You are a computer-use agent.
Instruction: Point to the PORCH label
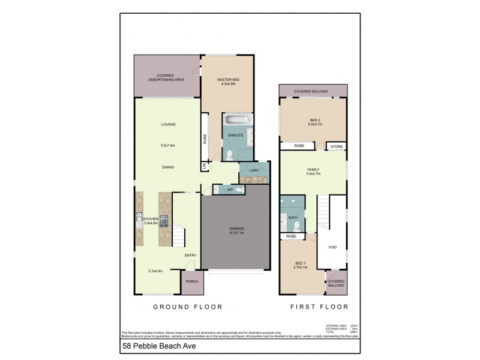191,281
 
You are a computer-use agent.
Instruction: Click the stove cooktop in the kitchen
163,220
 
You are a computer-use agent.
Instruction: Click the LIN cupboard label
204,166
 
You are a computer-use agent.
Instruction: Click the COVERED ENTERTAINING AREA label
166,77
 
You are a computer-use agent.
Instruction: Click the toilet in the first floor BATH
297,226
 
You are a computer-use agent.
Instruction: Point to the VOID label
332,247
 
